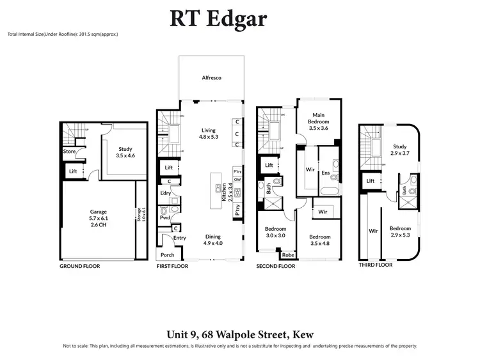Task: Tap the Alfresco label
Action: (212, 77)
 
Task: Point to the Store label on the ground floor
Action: (68, 152)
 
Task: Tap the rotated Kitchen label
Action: (224, 191)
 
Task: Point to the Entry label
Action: (179, 238)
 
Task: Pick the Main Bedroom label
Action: (318, 121)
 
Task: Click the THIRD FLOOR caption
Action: (375, 264)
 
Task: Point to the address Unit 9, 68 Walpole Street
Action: (239, 333)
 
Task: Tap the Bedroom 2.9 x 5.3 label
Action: (400, 231)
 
